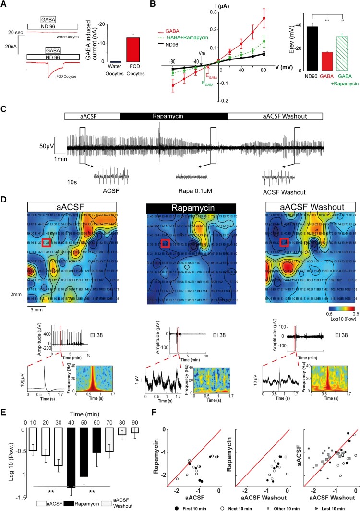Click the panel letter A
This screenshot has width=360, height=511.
(x=5, y=5)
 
